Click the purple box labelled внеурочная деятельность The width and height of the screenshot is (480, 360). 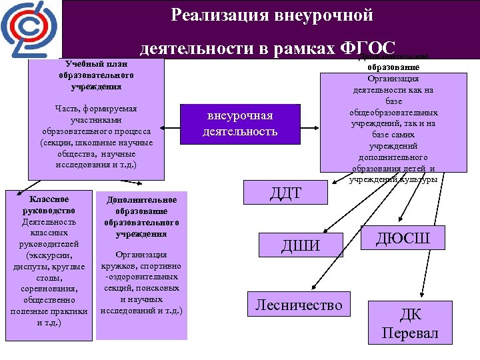click(240, 123)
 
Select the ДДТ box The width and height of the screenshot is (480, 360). click(285, 193)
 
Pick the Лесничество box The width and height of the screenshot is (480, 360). click(299, 306)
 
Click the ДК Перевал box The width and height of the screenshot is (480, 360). click(410, 323)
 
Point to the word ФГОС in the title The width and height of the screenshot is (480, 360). click(367, 48)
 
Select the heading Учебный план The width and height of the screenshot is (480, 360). click(94, 64)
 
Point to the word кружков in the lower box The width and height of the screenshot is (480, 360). click(122, 265)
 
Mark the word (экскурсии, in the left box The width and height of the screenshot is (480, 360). click(49, 255)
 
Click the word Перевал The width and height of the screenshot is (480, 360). click(410, 333)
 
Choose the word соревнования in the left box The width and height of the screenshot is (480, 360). click(49, 289)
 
